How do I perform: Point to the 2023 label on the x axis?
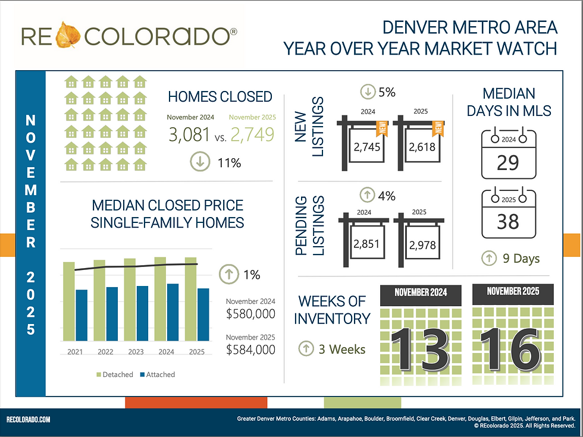[x=136, y=352]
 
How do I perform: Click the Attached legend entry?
[x=157, y=375]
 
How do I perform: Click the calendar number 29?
[x=507, y=162]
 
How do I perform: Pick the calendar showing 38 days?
[x=507, y=215]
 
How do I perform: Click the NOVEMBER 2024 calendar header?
[x=421, y=293]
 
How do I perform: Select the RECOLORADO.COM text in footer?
[x=29, y=420]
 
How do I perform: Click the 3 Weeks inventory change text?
[x=340, y=349]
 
